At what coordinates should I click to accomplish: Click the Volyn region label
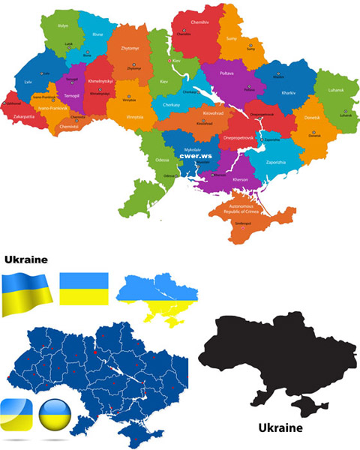click(x=62, y=25)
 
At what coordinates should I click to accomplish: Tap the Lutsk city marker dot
click(x=68, y=47)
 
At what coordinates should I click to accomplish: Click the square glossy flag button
click(x=16, y=413)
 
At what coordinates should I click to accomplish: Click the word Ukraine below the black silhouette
click(x=280, y=429)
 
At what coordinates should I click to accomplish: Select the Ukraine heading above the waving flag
click(x=26, y=259)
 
